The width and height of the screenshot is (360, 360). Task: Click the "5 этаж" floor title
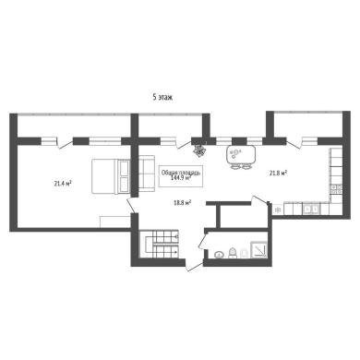point(162,97)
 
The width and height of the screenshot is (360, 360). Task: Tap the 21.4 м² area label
point(63,184)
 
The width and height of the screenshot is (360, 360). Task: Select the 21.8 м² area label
point(279,173)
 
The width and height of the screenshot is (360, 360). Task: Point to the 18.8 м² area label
point(183,202)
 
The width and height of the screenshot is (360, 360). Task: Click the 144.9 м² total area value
point(181,177)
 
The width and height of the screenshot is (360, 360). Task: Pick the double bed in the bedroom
point(111,176)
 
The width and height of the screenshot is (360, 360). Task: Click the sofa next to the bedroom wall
point(147,174)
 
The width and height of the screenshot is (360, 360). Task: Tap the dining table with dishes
point(241,155)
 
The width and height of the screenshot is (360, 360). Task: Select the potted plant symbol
point(200,150)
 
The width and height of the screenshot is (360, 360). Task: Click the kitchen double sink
point(311,210)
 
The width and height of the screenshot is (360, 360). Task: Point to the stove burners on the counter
point(336,189)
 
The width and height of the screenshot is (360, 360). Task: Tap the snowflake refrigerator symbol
point(278,210)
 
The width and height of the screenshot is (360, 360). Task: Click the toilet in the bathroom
point(233,252)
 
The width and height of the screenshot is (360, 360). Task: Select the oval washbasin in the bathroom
point(219,255)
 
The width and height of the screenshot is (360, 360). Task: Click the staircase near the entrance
point(159,244)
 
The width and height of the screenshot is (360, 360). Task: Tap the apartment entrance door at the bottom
point(194,266)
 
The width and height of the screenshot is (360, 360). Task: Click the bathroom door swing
point(203,240)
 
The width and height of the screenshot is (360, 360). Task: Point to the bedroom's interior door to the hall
point(131,205)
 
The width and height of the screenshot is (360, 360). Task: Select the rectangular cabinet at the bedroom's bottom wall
point(115,222)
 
